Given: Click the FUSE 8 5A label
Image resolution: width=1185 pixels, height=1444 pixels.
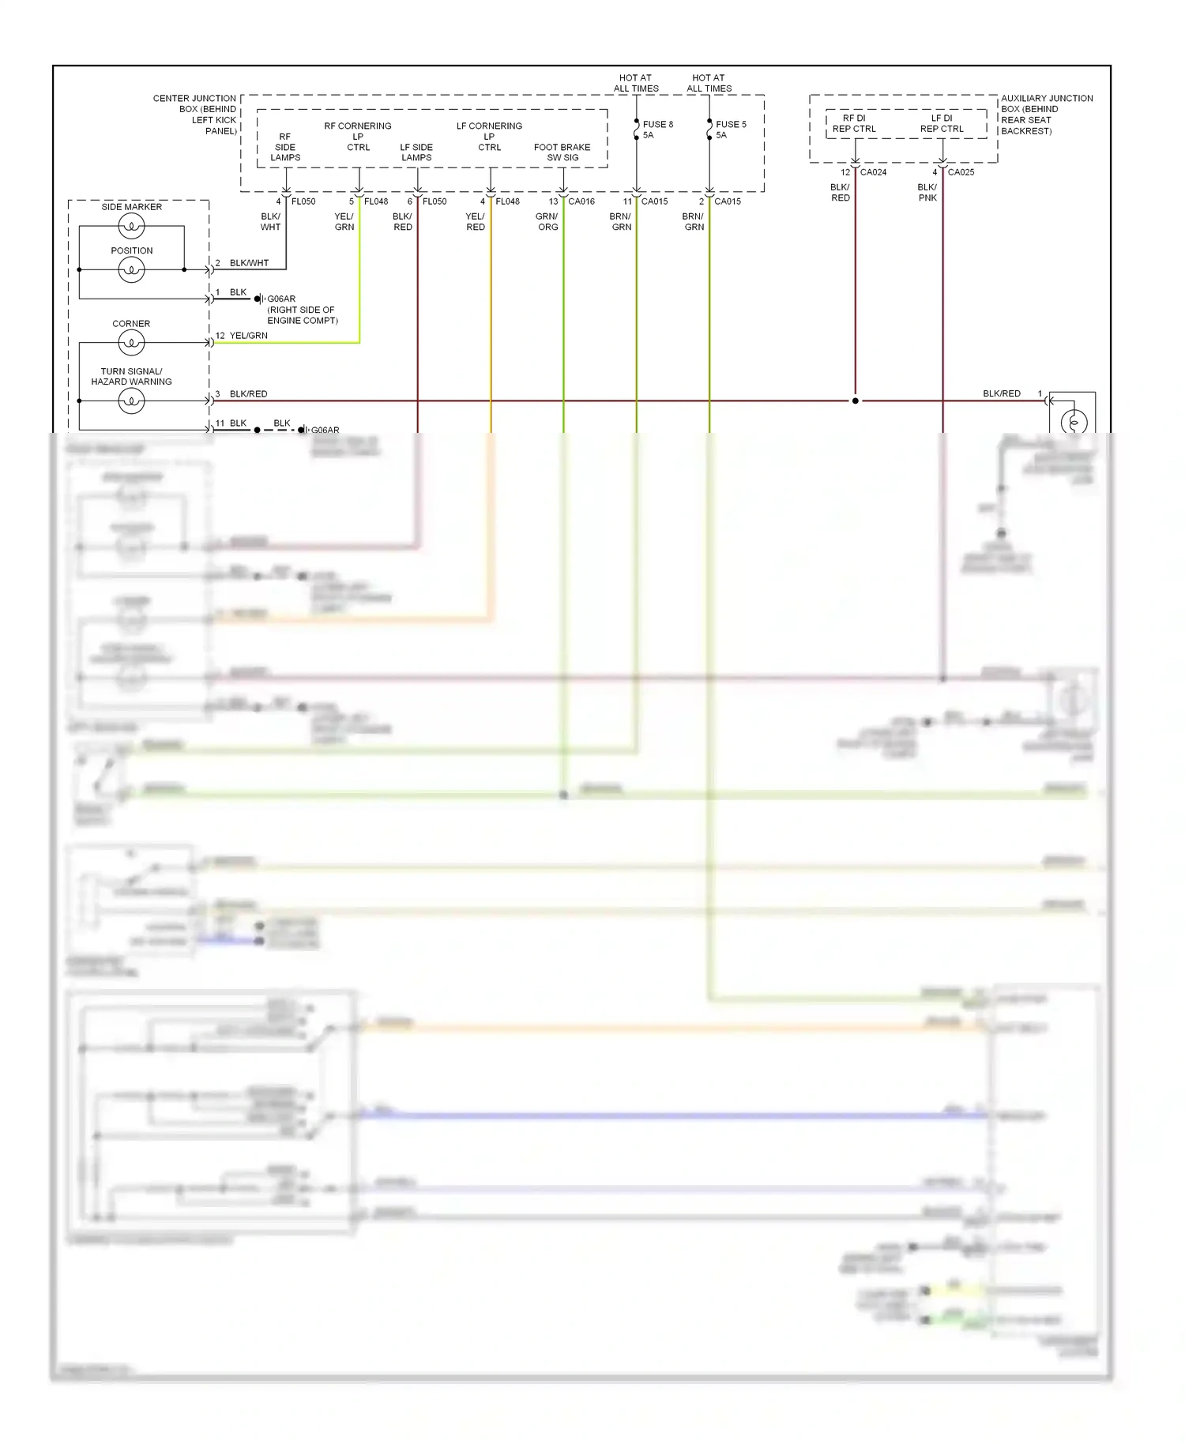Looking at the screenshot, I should (x=657, y=130).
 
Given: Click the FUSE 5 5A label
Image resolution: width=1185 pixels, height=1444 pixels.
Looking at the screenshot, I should (x=730, y=130).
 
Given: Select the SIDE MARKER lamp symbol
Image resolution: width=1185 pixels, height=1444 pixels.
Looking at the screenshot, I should (x=131, y=227).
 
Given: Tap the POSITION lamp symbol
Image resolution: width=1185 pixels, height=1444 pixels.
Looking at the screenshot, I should (x=131, y=270).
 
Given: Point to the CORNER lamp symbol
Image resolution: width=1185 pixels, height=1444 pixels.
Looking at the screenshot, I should (x=131, y=343).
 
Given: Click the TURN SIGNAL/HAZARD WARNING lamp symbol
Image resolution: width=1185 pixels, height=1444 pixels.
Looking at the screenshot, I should (x=131, y=401).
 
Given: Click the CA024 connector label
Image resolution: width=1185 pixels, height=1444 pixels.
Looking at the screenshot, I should (x=873, y=172).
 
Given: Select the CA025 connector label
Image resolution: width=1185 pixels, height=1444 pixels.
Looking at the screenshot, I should (x=961, y=172).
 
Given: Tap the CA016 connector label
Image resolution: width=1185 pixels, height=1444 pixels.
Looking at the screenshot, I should (x=581, y=201).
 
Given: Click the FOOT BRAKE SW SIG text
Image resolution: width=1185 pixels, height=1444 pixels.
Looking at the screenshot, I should (x=562, y=152).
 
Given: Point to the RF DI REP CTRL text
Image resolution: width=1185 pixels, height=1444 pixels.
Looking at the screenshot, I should (x=854, y=123).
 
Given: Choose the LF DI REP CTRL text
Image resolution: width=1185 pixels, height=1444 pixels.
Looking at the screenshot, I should (x=942, y=123).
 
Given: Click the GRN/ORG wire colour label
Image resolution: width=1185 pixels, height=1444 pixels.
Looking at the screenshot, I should (x=547, y=222).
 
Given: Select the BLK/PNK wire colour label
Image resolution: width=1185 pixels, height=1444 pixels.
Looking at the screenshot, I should (x=927, y=193).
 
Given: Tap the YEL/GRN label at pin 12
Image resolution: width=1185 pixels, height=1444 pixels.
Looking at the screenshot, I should (x=248, y=336).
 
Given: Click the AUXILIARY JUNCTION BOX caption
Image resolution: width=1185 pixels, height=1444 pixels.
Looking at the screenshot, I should (x=1046, y=115).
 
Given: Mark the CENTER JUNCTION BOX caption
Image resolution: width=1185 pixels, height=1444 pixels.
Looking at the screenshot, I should (x=195, y=115).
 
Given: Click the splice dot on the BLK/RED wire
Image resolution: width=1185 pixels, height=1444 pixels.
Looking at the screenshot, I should (x=855, y=401).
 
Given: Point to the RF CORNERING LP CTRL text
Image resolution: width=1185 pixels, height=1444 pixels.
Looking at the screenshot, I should (x=358, y=137).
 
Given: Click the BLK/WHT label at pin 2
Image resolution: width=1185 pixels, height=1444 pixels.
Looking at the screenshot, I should (x=249, y=263).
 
